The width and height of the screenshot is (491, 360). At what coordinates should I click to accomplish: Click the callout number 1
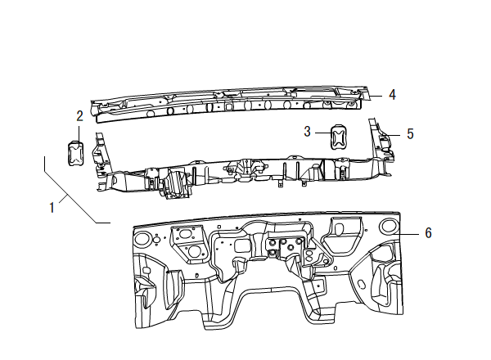(x=52, y=207)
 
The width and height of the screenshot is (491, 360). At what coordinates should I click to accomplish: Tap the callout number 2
(x=79, y=115)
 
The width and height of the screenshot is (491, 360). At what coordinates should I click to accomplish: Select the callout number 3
(x=307, y=131)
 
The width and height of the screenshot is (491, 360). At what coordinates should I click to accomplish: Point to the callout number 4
(x=392, y=95)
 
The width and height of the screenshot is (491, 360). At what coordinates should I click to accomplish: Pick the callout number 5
(x=410, y=133)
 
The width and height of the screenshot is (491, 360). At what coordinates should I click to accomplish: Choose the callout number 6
(x=427, y=232)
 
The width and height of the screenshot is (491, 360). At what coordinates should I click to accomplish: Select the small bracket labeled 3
(x=338, y=134)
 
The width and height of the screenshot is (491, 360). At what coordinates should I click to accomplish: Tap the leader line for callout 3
(x=321, y=132)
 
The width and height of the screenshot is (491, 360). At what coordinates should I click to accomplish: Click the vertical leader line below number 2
(x=79, y=132)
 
